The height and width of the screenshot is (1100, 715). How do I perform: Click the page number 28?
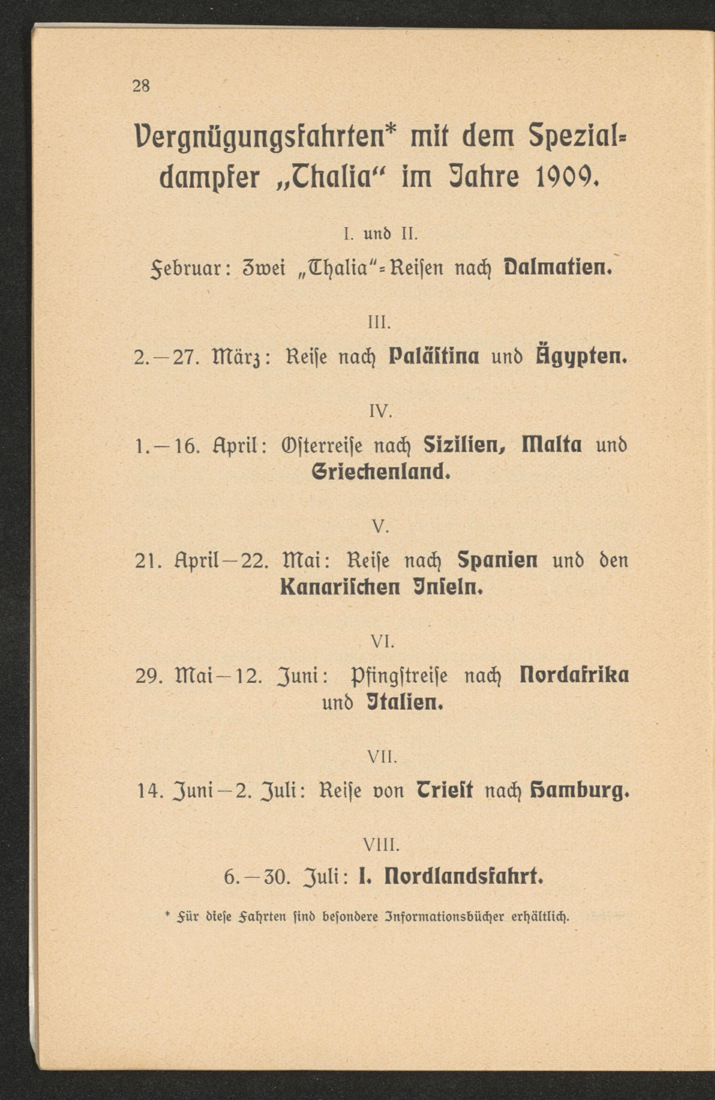[x=141, y=86]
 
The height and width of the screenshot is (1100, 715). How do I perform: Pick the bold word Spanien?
[x=498, y=561]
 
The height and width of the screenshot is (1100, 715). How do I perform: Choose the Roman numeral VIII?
[x=380, y=847]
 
